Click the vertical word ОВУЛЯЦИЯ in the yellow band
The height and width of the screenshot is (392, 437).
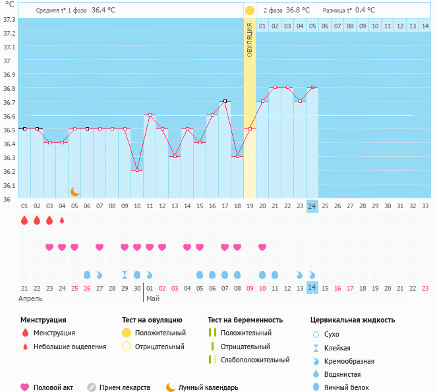click(250, 40)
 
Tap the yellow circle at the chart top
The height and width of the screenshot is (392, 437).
click(250, 11)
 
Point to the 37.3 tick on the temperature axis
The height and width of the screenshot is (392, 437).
click(9, 19)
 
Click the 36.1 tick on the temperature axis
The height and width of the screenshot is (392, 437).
click(9, 185)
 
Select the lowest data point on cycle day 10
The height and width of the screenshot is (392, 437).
click(137, 170)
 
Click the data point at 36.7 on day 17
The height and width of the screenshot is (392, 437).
click(225, 101)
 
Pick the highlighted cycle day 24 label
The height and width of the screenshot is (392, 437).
click(312, 206)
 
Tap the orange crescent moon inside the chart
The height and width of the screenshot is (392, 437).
click(75, 192)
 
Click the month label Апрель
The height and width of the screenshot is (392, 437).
click(31, 298)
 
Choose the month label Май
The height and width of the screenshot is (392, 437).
click(152, 298)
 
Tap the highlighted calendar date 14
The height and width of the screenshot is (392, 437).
click(312, 288)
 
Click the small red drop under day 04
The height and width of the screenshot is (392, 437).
click(62, 221)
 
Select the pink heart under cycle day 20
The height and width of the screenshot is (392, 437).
click(262, 247)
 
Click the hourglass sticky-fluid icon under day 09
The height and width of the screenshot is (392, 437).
click(125, 274)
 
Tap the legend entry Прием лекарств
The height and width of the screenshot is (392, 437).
click(124, 388)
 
